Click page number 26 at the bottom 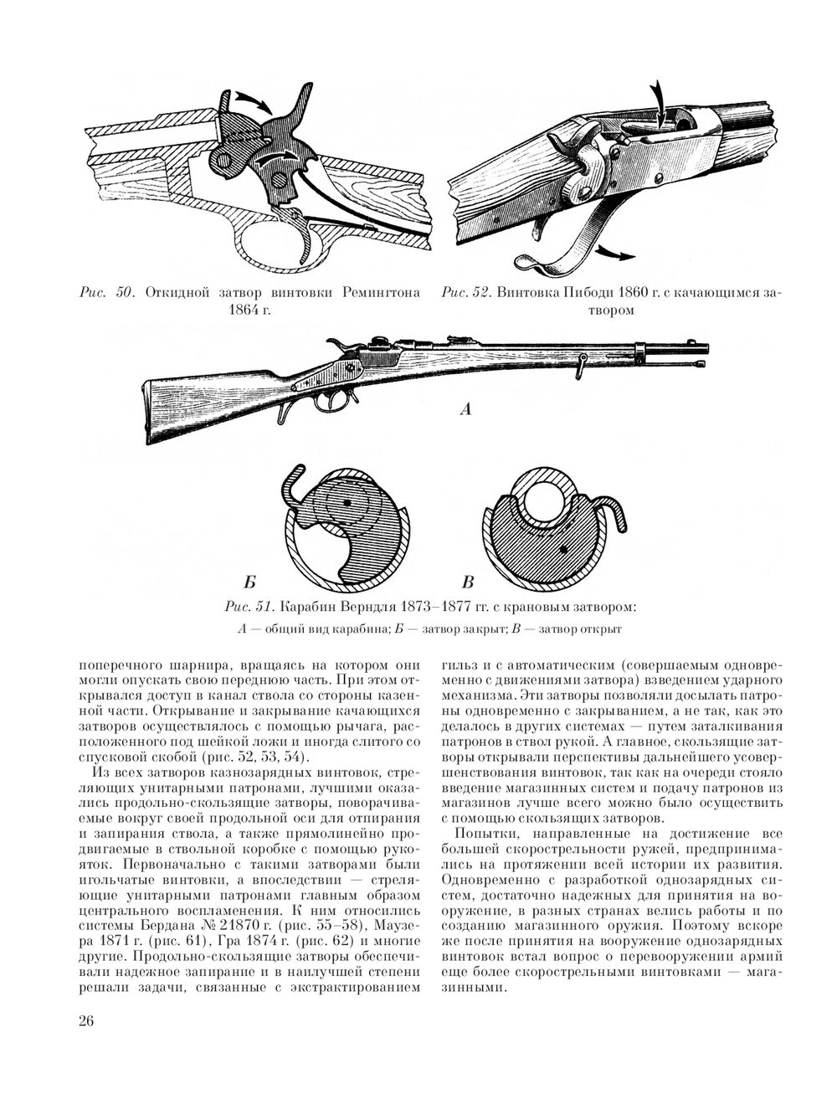click(x=86, y=1019)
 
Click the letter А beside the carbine click(x=465, y=410)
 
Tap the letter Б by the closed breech click(x=250, y=582)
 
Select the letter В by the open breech click(x=468, y=582)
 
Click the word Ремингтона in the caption click(x=381, y=293)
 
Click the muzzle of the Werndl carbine click(x=706, y=347)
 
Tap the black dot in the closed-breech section click(x=347, y=502)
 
